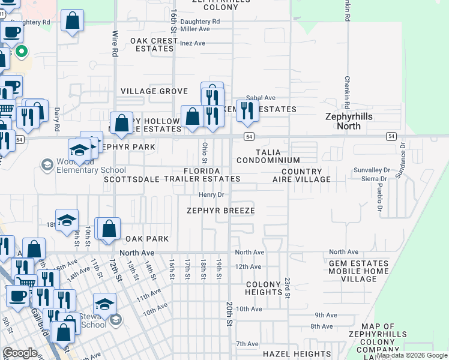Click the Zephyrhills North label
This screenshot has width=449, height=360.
[x=351, y=121]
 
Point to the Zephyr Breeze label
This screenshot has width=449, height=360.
[x=220, y=211]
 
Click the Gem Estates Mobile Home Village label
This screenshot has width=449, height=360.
[x=359, y=271]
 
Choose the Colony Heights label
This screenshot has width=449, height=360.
[x=264, y=288]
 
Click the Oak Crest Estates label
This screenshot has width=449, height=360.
[x=154, y=45]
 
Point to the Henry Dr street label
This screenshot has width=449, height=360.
[x=211, y=194]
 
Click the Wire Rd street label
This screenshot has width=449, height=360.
[x=113, y=44]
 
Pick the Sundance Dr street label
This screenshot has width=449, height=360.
[x=399, y=163]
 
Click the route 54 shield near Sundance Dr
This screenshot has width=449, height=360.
[x=391, y=136]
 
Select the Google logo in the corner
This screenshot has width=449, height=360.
[x=20, y=353]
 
